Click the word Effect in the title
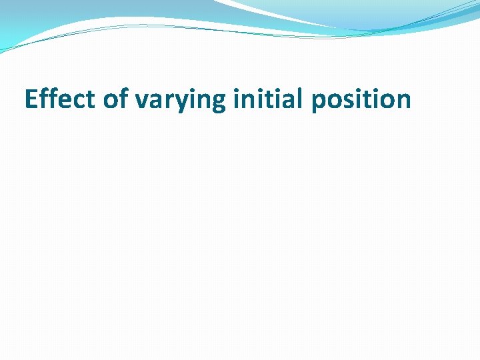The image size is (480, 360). tap(61, 99)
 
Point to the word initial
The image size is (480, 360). tap(261, 99)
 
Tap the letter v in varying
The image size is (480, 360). tap(141, 101)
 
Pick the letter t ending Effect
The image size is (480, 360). tap(91, 100)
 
